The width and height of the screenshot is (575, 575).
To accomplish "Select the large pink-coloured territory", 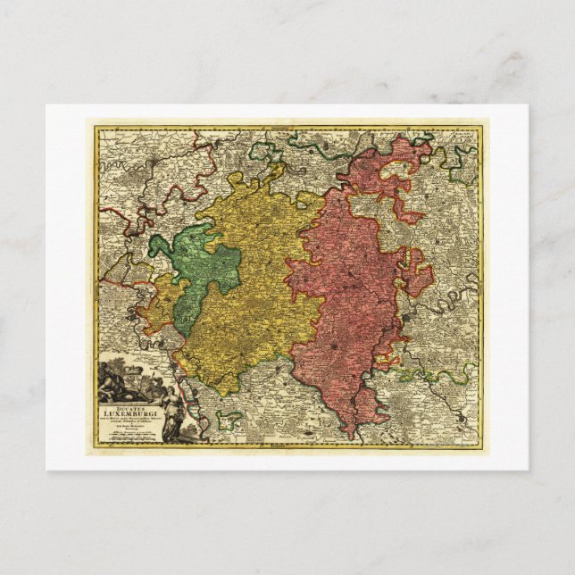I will pos(344,295).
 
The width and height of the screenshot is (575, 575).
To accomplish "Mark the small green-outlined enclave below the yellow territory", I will pos(229,417).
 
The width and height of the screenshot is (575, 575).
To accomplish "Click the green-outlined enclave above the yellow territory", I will pos(265,151).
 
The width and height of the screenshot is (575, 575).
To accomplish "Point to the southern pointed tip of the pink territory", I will pos(352,435).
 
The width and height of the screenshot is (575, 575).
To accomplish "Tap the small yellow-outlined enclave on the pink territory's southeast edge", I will pos(386,361).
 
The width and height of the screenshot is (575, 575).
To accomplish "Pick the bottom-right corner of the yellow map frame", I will pos(481,447).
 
